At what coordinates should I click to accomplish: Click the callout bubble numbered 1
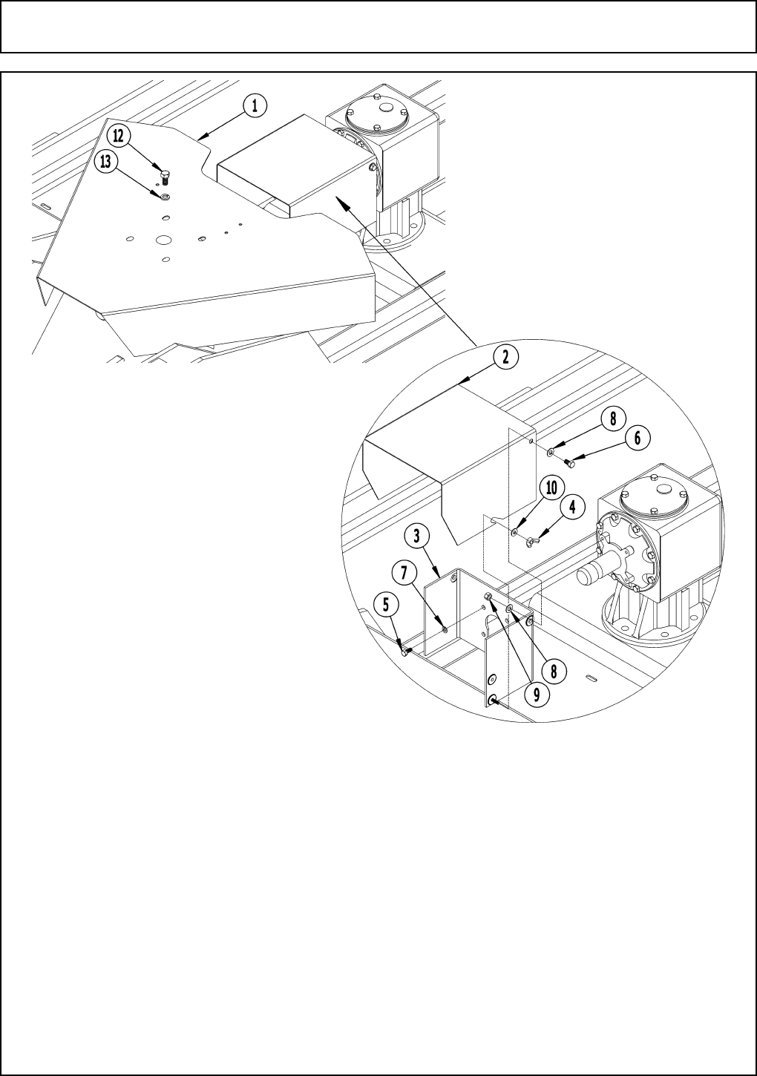(254, 106)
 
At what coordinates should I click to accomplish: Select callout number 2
(504, 357)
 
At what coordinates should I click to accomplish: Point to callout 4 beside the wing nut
(572, 509)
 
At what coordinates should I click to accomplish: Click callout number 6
(637, 439)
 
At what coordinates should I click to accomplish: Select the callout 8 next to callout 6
(612, 419)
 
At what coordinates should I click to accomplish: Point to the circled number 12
(119, 136)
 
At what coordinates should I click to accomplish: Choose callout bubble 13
(108, 162)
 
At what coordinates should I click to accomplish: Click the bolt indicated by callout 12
(165, 177)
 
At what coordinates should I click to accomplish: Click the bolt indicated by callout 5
(405, 652)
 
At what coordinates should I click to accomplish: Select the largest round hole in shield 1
(164, 240)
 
